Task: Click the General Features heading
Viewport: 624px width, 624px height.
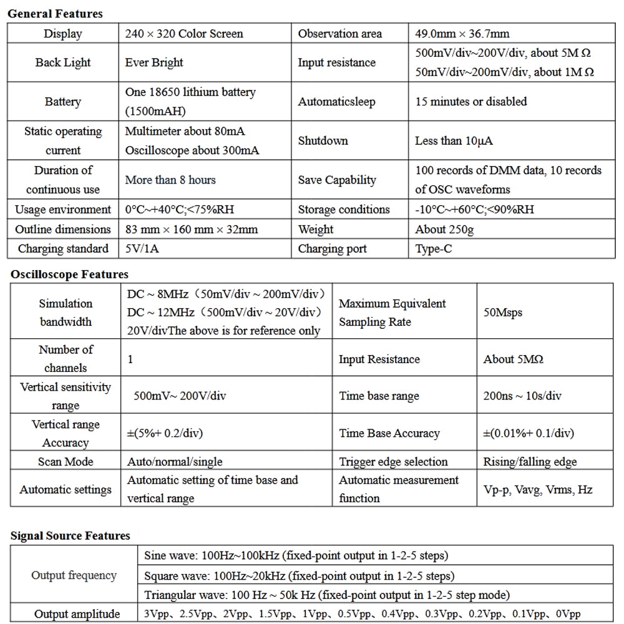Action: click(x=55, y=13)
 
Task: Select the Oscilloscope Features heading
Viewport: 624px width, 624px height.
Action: click(x=69, y=274)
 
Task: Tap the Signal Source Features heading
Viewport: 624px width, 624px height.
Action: click(x=70, y=535)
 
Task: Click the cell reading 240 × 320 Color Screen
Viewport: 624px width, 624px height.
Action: click(x=184, y=34)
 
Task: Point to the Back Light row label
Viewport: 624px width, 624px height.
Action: click(x=63, y=62)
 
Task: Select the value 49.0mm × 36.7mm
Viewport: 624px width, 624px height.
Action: click(x=462, y=34)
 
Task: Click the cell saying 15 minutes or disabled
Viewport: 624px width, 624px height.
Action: click(x=471, y=101)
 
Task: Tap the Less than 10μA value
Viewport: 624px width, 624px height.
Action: click(x=454, y=140)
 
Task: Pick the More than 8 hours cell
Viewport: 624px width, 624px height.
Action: click(x=170, y=180)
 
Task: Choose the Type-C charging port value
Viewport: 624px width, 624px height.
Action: click(x=434, y=248)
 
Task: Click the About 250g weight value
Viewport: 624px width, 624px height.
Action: click(x=444, y=229)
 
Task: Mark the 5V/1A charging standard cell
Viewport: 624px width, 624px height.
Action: click(x=144, y=248)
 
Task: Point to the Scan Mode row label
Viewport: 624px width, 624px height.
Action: click(x=66, y=462)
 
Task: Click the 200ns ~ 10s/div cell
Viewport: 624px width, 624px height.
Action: click(x=522, y=396)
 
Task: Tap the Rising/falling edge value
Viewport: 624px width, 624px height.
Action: click(x=530, y=462)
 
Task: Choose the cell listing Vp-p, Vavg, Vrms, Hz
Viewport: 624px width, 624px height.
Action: click(x=538, y=489)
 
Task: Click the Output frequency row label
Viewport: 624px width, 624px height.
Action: click(x=74, y=575)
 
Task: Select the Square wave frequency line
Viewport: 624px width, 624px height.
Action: click(x=299, y=575)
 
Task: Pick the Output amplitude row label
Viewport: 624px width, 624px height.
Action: click(x=77, y=614)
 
